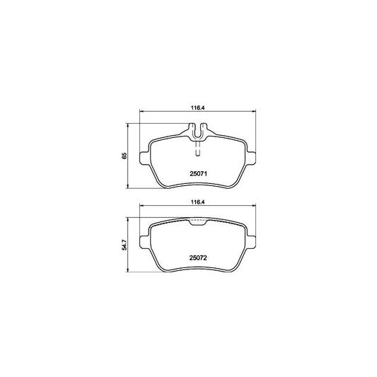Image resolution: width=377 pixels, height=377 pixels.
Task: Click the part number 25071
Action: (198, 173)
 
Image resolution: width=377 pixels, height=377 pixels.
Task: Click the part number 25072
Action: (198, 258)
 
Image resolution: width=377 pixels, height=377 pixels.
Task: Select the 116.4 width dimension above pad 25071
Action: (197, 108)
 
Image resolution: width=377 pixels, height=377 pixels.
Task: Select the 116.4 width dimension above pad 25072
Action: (197, 202)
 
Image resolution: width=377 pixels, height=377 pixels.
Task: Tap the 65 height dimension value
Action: (124, 156)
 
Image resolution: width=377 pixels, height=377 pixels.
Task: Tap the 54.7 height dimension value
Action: (124, 245)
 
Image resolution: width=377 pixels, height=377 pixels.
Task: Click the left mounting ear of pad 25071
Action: (144, 158)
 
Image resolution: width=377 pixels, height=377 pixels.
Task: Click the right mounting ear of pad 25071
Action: (252, 158)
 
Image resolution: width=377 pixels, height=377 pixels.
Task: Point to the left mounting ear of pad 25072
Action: (144, 242)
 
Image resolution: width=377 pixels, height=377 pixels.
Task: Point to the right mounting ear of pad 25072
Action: (252, 242)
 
